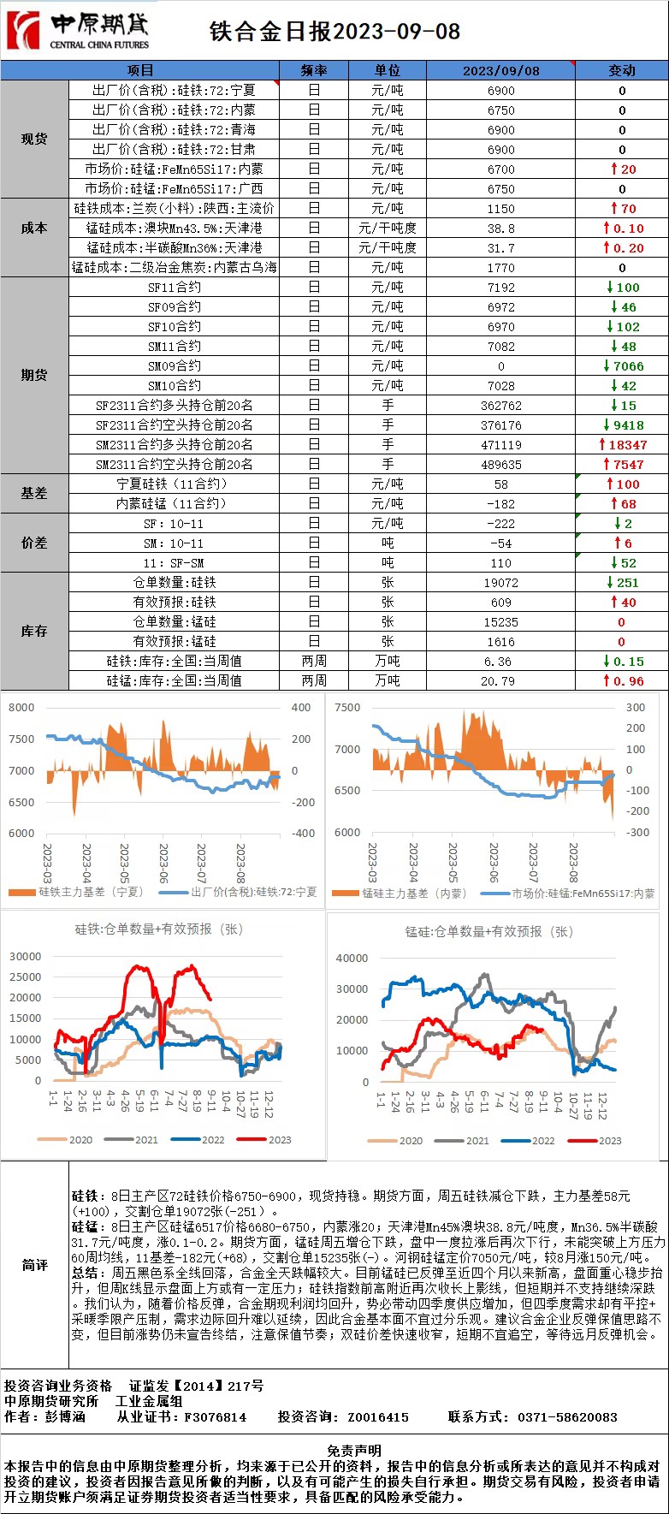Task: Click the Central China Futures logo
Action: (x=77, y=31)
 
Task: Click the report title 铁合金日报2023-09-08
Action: (x=334, y=32)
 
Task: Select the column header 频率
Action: (x=314, y=70)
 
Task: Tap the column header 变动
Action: (x=621, y=70)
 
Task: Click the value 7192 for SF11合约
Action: (x=500, y=288)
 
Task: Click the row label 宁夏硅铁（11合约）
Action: (x=175, y=484)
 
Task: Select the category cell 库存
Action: (x=34, y=631)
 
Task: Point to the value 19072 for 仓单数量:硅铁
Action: (x=500, y=583)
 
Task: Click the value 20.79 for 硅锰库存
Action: (x=500, y=681)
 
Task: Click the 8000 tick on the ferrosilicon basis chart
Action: (x=21, y=708)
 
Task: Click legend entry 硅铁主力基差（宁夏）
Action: (x=90, y=892)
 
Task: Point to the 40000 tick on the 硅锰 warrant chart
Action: (x=352, y=959)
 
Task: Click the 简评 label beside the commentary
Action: (x=34, y=1265)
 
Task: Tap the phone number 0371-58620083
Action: (x=566, y=1417)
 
